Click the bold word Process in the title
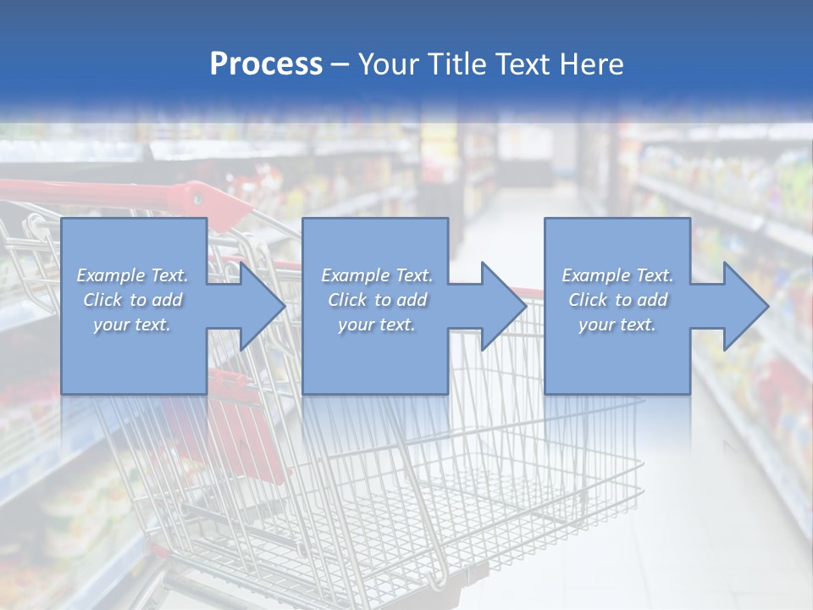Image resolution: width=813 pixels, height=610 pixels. click(266, 64)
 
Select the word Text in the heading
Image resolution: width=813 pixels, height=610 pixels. click(518, 64)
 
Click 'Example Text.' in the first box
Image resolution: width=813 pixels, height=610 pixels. click(133, 275)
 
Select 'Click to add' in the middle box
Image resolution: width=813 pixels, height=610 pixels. click(377, 300)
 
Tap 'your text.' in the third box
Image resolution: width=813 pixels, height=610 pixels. click(617, 324)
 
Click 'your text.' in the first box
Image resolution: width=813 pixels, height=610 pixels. click(133, 324)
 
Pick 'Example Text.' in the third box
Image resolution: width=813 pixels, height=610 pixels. click(617, 275)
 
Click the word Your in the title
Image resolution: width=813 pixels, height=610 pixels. click(388, 64)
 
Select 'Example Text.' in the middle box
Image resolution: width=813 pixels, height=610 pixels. click(377, 275)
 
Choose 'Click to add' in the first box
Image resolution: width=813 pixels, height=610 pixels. click(133, 300)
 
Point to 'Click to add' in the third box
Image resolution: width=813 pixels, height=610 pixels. click(617, 300)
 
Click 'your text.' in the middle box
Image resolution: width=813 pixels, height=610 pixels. click(377, 324)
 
